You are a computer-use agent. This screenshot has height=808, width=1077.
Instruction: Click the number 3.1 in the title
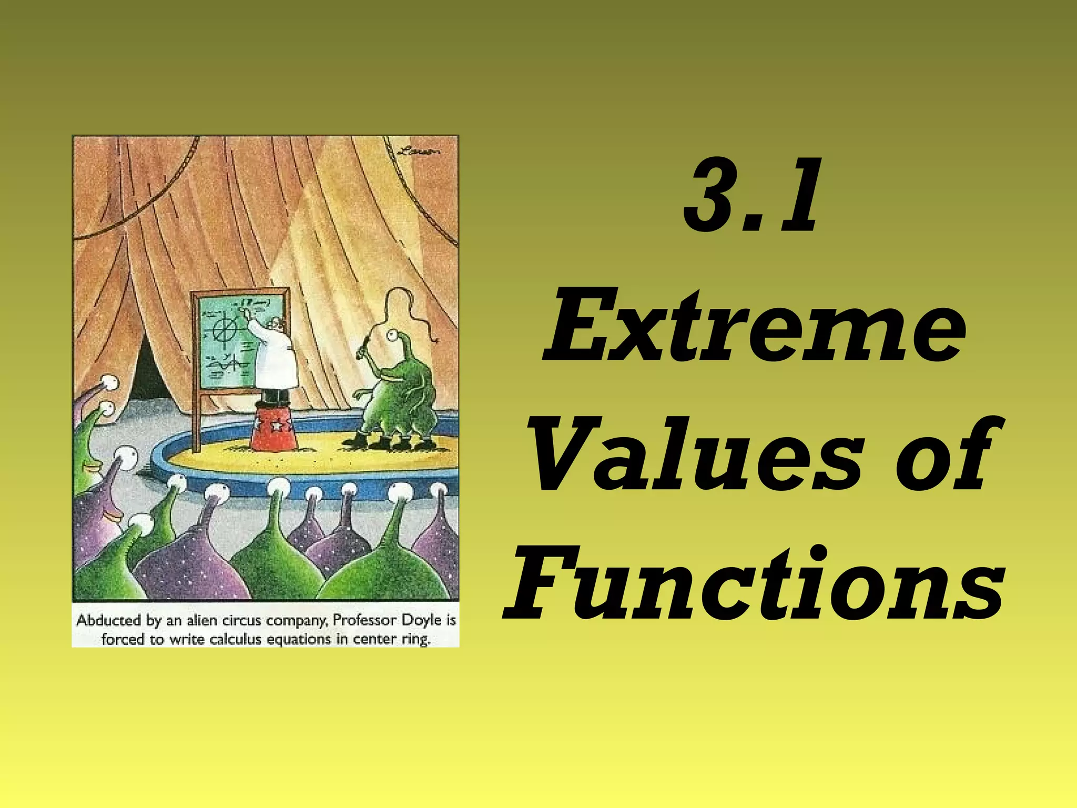tap(751, 197)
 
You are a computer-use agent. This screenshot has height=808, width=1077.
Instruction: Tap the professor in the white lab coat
tap(273, 358)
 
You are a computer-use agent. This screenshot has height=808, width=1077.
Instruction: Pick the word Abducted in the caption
tap(109, 621)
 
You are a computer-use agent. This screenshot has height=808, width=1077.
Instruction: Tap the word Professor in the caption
tap(364, 621)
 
